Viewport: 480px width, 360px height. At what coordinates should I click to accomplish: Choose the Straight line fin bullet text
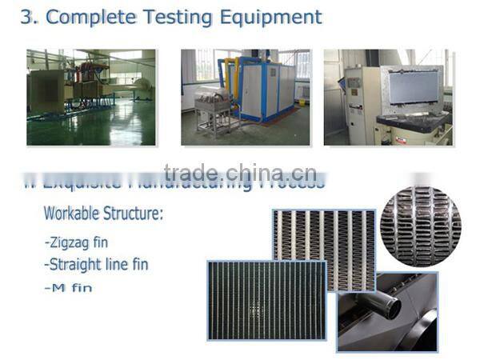tap(96, 263)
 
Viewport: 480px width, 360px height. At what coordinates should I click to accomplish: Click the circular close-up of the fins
tap(419, 226)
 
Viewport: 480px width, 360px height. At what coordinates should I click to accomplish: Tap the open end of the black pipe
tap(391, 304)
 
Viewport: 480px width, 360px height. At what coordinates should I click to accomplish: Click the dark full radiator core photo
tap(266, 301)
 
